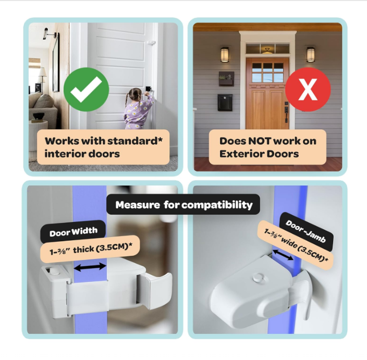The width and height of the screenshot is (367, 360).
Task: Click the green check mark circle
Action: coord(86,90)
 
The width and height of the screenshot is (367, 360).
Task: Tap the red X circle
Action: coord(308,90)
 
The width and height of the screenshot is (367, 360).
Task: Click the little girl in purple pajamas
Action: coord(138,108)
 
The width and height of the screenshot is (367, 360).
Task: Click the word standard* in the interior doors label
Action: coord(135,141)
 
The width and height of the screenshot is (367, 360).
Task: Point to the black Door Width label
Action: coord(74,232)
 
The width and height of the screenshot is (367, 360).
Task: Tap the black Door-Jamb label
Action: coord(306,232)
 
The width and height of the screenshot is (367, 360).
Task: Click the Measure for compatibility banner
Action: coord(184,204)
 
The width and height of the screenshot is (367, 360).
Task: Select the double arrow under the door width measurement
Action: coord(90,267)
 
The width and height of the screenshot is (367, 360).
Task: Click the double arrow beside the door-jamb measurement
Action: coord(283,255)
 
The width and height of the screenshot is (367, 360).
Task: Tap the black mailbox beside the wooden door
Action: coord(225,102)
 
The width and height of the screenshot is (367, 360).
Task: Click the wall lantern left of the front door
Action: coord(225,55)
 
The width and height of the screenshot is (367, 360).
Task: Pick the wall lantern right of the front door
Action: coord(311,55)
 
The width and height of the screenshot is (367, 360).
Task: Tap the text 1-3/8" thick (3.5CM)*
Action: coord(91,249)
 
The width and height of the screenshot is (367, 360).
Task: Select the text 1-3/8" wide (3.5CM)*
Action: coord(296,245)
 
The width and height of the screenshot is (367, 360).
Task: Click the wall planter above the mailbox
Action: coord(226,79)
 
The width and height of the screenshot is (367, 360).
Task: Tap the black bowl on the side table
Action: coord(39,116)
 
